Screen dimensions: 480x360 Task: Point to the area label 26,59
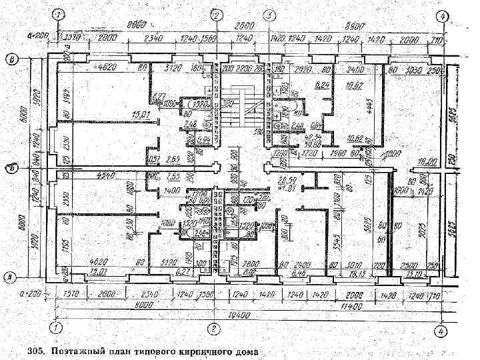[x=289, y=181]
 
